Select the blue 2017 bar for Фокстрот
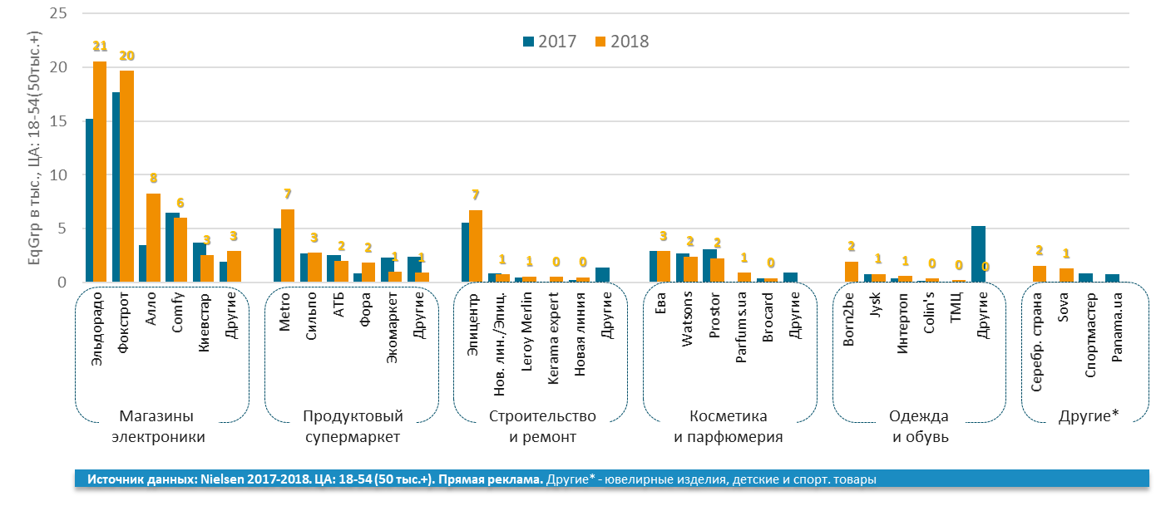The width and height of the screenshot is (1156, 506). (116, 188)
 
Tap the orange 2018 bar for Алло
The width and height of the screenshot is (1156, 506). (153, 238)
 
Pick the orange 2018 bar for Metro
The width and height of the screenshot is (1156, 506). (287, 246)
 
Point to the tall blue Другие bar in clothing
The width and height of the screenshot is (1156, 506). (978, 254)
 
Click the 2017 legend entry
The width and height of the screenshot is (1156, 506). (549, 42)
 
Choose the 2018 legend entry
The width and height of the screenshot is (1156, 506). (622, 42)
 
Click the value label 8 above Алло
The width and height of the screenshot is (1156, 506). (153, 177)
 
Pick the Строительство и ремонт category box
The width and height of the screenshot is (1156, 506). (542, 426)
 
